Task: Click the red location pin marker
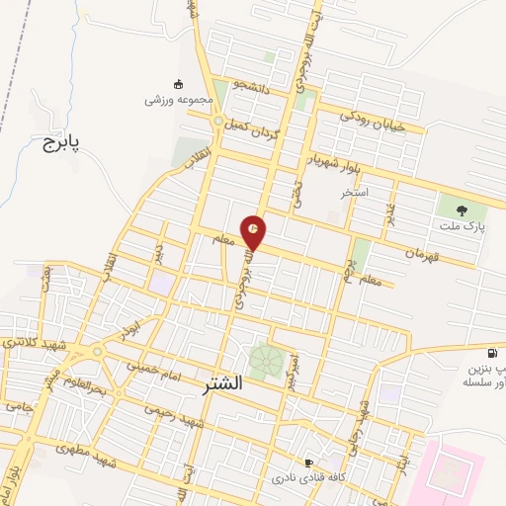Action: [x=254, y=232]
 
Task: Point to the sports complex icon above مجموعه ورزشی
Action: [x=178, y=84]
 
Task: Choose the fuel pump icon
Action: [x=492, y=353]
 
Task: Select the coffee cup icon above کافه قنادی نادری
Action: [x=308, y=463]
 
